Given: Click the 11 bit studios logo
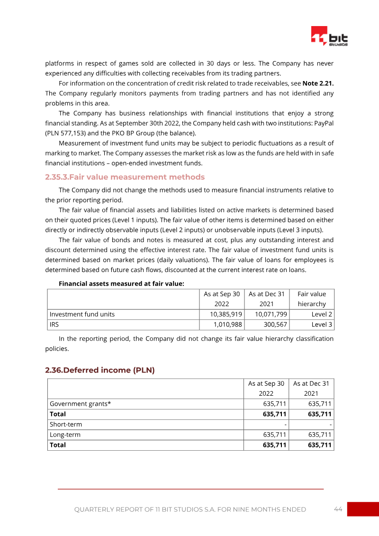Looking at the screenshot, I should pyautogui.click(x=329, y=36).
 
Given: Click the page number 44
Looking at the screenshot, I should pyautogui.click(x=338, y=509).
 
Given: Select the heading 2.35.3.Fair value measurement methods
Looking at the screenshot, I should pyautogui.click(x=125, y=177).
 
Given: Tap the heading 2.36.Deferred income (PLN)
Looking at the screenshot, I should pyautogui.click(x=100, y=370).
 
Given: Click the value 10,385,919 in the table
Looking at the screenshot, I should pyautogui.click(x=226, y=314).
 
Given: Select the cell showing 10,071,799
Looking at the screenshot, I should pyautogui.click(x=271, y=314).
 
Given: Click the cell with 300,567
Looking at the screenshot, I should pyautogui.click(x=275, y=325).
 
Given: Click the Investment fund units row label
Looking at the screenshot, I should pyautogui.click(x=82, y=314).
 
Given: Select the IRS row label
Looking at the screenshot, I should pyautogui.click(x=55, y=325).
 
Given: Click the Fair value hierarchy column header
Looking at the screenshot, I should pyautogui.click(x=312, y=299).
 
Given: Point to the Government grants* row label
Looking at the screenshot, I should pyautogui.click(x=80, y=404).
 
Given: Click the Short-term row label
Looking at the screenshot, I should pyautogui.click(x=65, y=424).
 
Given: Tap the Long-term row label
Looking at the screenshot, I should pyautogui.click(x=65, y=435).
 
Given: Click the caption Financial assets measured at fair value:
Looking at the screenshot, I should pyautogui.click(x=121, y=283).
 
